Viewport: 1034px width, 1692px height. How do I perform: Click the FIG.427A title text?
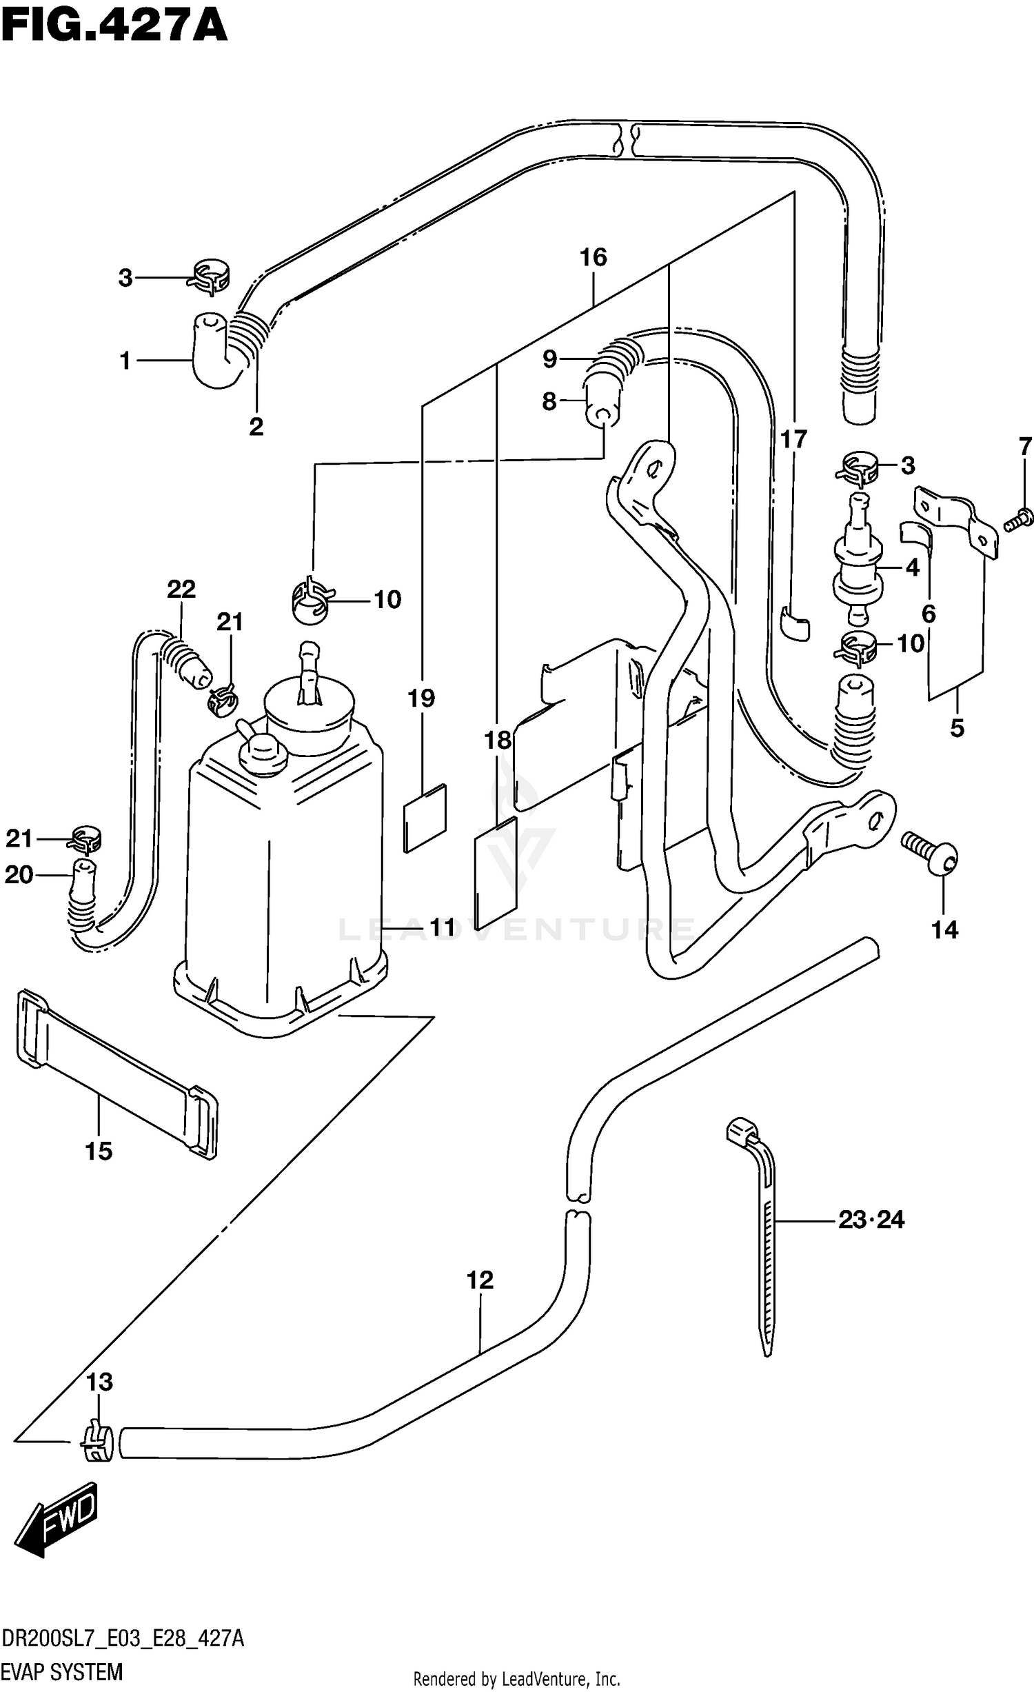[114, 28]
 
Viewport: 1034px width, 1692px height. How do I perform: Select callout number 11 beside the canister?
[443, 928]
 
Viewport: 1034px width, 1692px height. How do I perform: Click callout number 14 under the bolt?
[944, 930]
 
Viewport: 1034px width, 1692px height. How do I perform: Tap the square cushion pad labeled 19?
[425, 818]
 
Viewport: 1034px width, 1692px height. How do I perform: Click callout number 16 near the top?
[593, 258]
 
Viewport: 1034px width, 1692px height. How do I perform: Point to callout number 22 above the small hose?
[181, 589]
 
